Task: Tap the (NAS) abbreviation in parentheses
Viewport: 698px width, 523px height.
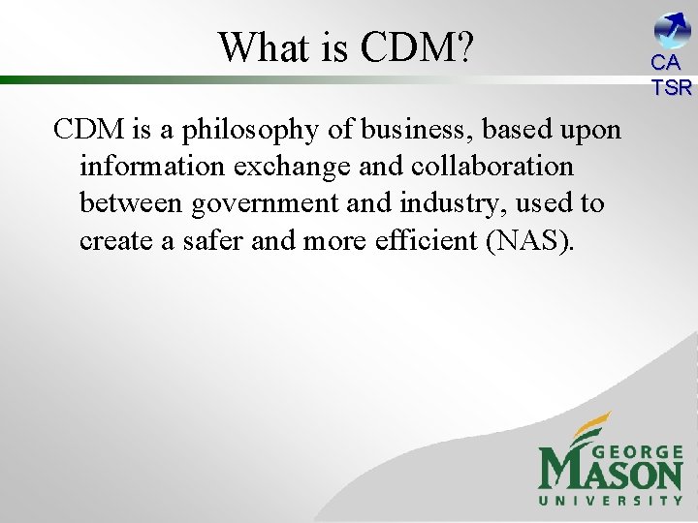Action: (x=532, y=241)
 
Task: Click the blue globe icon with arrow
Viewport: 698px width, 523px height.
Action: (x=671, y=29)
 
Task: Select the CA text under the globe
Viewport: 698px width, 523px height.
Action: (x=667, y=64)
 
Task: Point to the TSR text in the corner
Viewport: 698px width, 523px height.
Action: (x=672, y=87)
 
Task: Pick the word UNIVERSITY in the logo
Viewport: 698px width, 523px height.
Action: (x=611, y=501)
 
